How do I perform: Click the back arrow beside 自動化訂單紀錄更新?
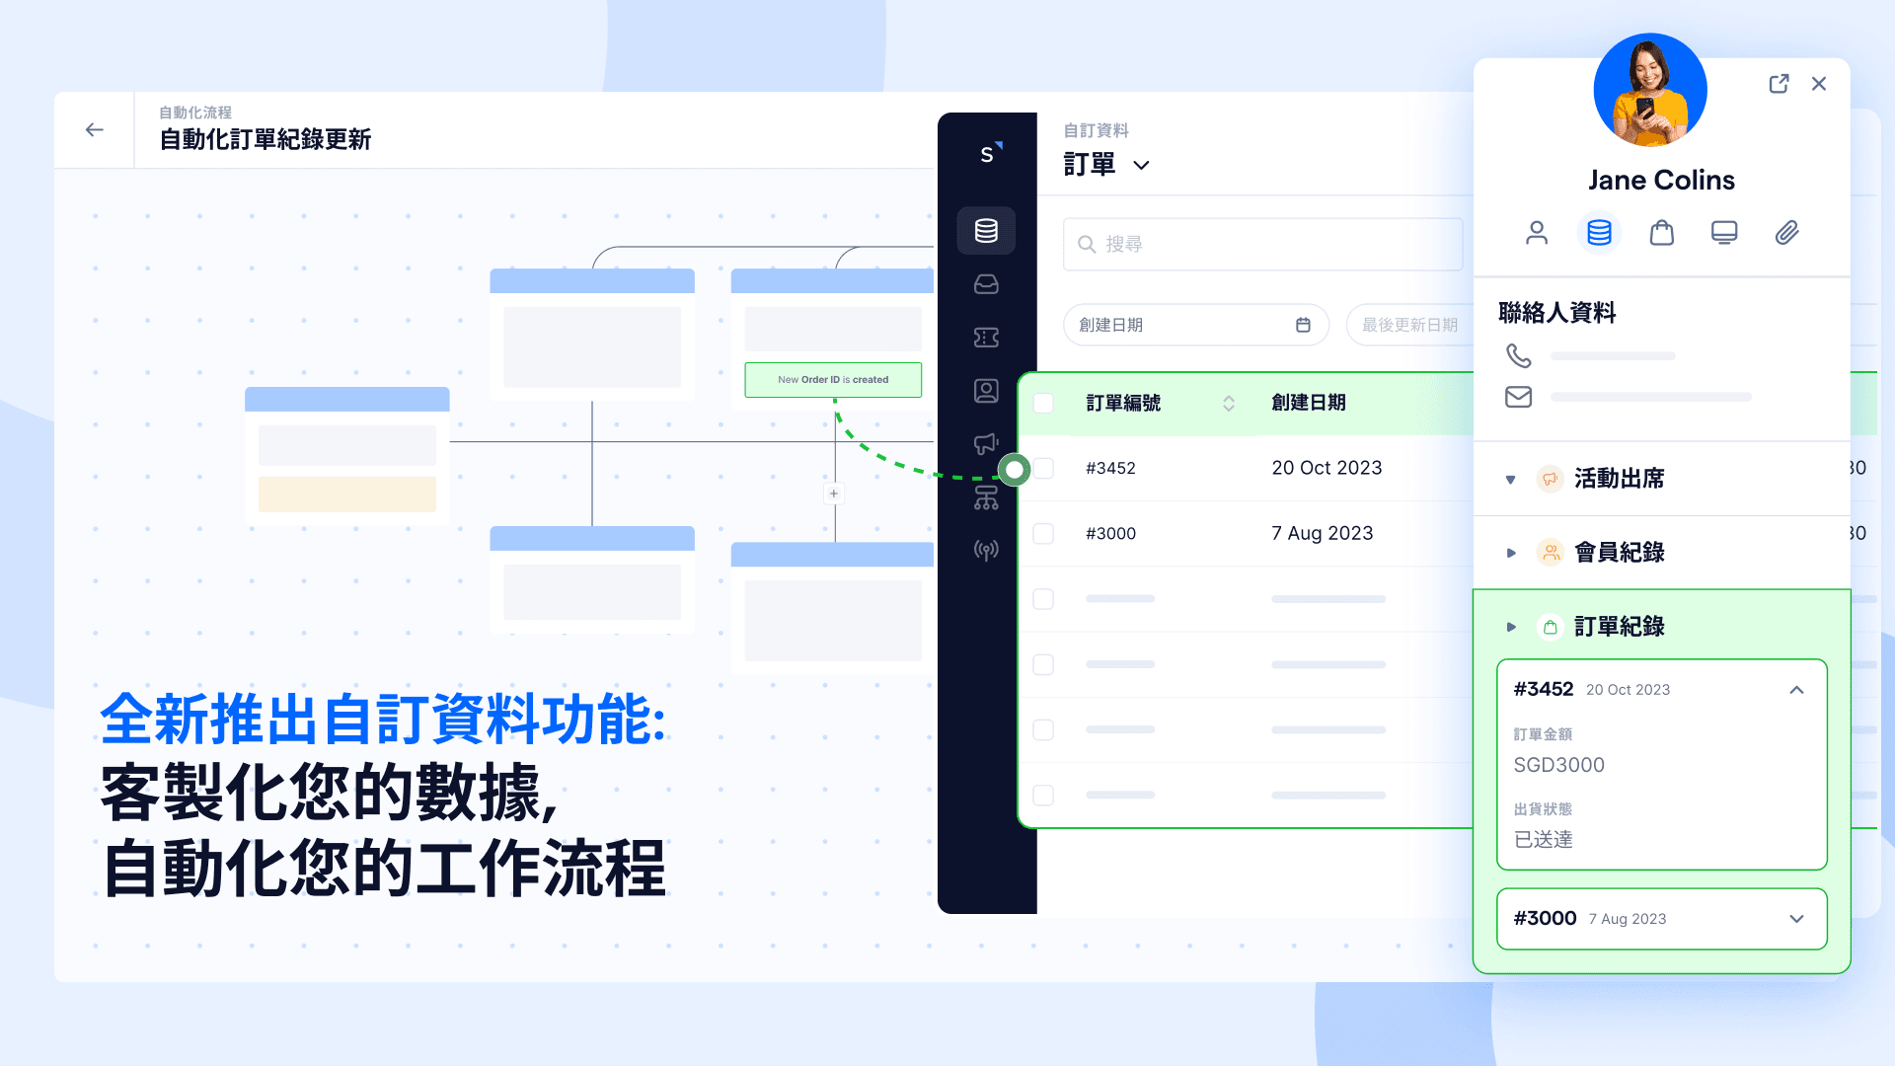[x=95, y=130]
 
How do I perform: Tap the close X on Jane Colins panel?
[x=1819, y=84]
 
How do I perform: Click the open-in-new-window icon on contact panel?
[x=1779, y=84]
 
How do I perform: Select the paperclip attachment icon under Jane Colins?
[x=1786, y=233]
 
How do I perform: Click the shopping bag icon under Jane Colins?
[x=1662, y=233]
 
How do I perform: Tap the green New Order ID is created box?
[x=833, y=380]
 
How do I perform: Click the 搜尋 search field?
[x=1263, y=244]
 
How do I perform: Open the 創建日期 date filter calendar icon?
[x=1303, y=325]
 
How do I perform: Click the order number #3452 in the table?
[x=1110, y=468]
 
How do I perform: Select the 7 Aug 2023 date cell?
[x=1322, y=533]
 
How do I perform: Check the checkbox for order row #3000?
[x=1043, y=534]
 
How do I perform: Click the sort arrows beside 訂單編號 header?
[x=1229, y=403]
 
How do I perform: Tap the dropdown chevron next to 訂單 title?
[x=1141, y=165]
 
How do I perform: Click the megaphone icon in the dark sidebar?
[x=986, y=444]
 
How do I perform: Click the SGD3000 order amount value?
[x=1558, y=765]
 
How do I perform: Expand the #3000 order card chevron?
[x=1796, y=919]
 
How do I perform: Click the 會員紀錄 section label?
[x=1619, y=553]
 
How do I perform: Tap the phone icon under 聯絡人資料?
[x=1518, y=355]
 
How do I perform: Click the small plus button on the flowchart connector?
[x=834, y=494]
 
